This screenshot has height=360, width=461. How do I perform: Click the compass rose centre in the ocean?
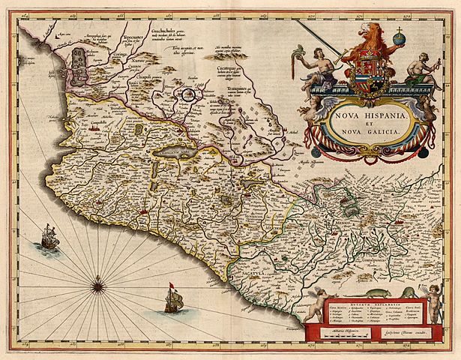[x=98, y=284]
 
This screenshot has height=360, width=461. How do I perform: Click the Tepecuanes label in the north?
[x=139, y=34]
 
